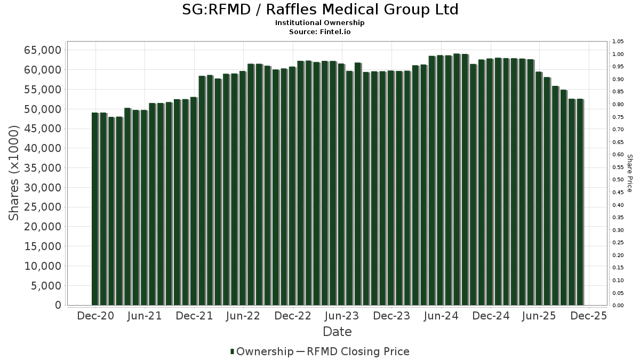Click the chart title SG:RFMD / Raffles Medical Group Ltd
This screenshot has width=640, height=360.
(320, 10)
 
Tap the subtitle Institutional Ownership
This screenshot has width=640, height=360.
(320, 23)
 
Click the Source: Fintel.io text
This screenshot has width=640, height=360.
(320, 31)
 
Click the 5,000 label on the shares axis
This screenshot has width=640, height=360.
(47, 286)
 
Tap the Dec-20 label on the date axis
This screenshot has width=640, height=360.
(95, 316)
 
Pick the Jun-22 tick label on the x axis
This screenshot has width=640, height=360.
(243, 316)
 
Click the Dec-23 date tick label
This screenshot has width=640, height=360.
(391, 316)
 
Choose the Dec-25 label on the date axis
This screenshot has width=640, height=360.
(588, 316)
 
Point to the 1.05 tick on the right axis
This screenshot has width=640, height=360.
(618, 42)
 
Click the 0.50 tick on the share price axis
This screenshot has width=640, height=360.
(618, 180)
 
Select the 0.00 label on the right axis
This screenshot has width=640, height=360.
(618, 306)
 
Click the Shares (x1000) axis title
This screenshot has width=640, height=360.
(14, 173)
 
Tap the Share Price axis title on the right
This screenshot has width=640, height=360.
(630, 173)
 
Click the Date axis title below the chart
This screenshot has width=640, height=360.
(337, 332)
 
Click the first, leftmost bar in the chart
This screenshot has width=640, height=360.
(95, 209)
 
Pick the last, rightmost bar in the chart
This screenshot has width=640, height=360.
(579, 202)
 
